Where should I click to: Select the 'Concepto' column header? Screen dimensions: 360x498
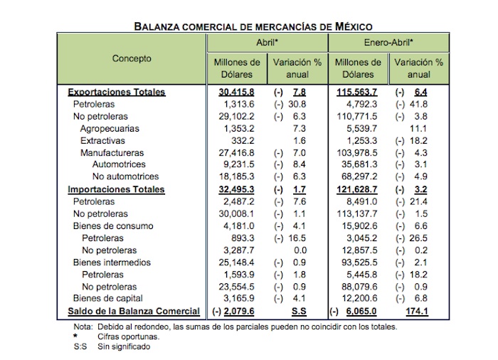[132, 59]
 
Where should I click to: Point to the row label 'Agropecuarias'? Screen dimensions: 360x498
[110, 129]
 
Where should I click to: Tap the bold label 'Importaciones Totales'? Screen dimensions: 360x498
[116, 190]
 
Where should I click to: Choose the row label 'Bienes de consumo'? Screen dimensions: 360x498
[112, 226]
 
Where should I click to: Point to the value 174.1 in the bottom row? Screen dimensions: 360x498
[432, 311]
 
